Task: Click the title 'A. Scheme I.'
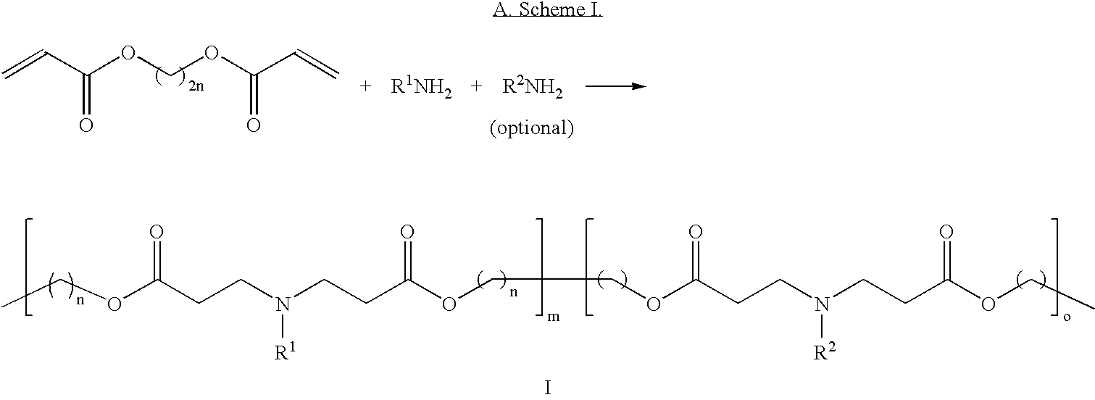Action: point(548,9)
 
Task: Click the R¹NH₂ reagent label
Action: point(421,88)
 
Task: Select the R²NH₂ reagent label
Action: point(533,88)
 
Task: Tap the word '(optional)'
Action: point(532,128)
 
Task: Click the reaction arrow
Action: point(616,86)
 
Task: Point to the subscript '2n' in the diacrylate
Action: point(196,86)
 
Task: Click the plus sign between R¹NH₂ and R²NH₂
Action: point(476,86)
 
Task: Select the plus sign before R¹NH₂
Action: point(365,86)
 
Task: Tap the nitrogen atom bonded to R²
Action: point(823,304)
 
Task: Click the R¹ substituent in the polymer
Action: point(285,351)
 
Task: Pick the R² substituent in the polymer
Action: point(824,351)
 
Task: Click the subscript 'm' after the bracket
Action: point(553,317)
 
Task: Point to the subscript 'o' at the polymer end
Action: point(1067,317)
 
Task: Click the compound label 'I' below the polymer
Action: point(548,388)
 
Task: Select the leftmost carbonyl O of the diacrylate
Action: point(86,125)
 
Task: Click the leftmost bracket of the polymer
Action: point(28,273)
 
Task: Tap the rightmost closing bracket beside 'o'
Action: point(1055,273)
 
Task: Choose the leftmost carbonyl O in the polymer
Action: point(157,232)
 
